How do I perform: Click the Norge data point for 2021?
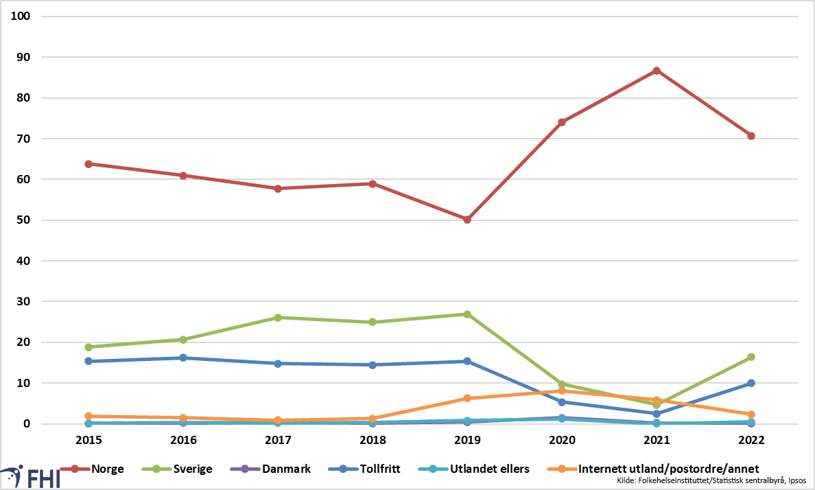click(657, 71)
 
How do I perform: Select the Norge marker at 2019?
click(467, 220)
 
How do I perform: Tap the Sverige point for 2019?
click(467, 314)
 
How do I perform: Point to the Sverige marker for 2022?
click(751, 358)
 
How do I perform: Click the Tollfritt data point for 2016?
click(183, 358)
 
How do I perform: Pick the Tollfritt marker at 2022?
click(751, 384)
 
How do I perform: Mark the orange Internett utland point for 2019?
click(467, 399)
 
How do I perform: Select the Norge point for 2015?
click(88, 164)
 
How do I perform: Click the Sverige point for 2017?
click(278, 318)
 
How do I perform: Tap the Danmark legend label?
click(286, 469)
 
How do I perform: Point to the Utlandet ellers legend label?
click(490, 469)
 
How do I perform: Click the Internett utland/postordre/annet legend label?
click(668, 469)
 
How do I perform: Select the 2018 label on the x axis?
click(373, 440)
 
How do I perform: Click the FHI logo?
click(30, 477)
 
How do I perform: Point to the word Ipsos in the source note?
click(796, 480)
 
